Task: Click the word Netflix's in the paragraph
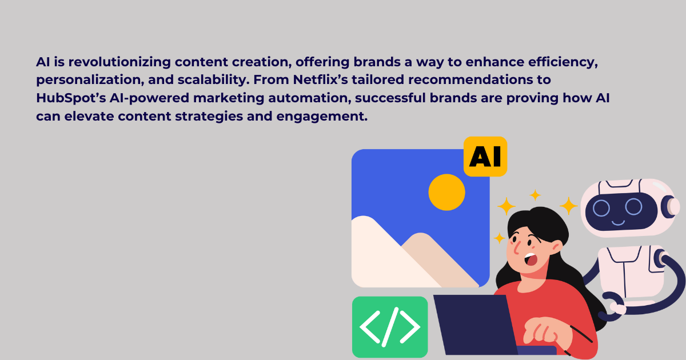pyautogui.click(x=320, y=79)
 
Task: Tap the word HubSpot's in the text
pyautogui.click(x=71, y=98)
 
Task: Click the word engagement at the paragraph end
pyautogui.click(x=321, y=117)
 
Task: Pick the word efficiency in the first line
pyautogui.click(x=563, y=62)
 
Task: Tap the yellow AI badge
pyautogui.click(x=485, y=157)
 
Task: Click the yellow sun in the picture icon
pyautogui.click(x=447, y=192)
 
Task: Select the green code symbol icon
pyautogui.click(x=390, y=327)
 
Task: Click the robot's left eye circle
pyautogui.click(x=601, y=208)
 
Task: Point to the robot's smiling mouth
pyautogui.click(x=618, y=222)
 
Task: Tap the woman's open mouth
pyautogui.click(x=531, y=259)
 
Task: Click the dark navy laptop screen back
pyautogui.click(x=475, y=325)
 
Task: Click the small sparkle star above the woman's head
pyautogui.click(x=535, y=195)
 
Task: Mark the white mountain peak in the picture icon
pyautogui.click(x=364, y=218)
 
